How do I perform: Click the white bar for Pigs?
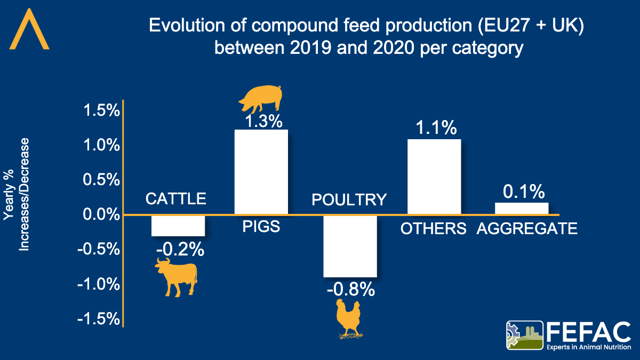point(261,172)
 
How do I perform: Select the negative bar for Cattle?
point(178,226)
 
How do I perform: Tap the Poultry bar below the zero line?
point(350,246)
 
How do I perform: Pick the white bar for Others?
point(434,177)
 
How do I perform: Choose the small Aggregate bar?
point(521,209)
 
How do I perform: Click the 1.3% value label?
point(262,121)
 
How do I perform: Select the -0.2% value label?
point(180,248)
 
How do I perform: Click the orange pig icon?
point(261,99)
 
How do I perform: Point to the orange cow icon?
point(177,276)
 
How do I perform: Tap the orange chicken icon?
point(348,318)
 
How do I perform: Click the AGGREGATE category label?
point(527,229)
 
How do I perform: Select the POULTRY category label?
point(349,199)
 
